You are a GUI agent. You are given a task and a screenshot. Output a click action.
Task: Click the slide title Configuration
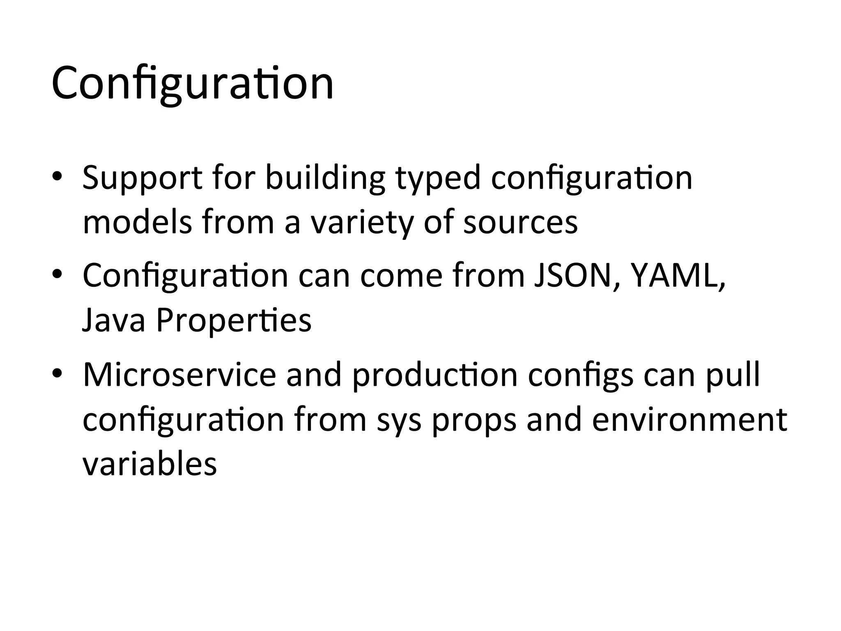point(192,84)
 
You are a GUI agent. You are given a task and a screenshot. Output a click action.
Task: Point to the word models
point(137,223)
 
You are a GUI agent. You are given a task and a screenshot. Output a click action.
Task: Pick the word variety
point(361,223)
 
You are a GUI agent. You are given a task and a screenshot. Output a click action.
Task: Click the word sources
point(520,223)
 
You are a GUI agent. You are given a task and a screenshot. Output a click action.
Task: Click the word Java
point(114,320)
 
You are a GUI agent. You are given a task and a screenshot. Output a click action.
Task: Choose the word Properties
point(234,320)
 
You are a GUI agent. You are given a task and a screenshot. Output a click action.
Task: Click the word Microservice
point(179,375)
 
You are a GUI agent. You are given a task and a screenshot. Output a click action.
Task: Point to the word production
point(435,375)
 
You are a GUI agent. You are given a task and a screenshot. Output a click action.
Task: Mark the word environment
point(689,420)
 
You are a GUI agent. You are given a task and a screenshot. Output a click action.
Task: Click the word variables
point(149,464)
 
